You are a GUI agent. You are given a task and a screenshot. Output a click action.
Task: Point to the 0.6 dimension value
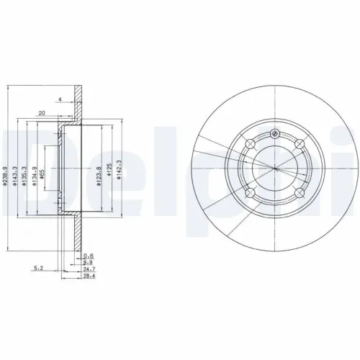[x=89, y=256]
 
